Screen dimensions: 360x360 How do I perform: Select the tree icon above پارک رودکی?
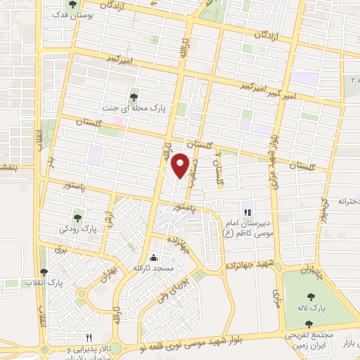[77, 214]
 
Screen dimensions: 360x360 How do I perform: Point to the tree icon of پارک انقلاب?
[44, 272]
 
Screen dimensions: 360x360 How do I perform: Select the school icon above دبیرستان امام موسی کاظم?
[247, 212]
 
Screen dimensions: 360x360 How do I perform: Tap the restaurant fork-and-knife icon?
[89, 337]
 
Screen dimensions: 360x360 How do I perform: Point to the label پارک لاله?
[319, 308]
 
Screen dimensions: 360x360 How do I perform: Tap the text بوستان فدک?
[98, 15]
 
